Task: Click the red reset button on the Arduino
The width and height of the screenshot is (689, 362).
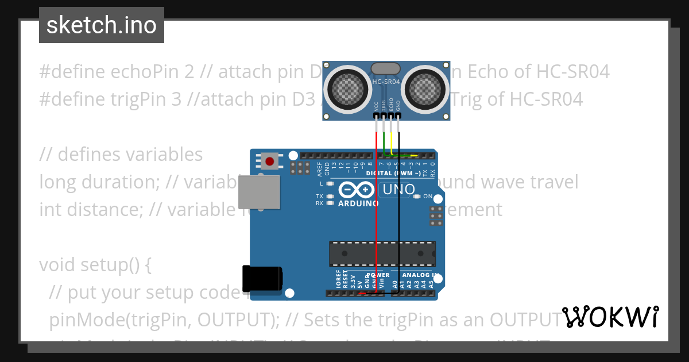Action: [x=269, y=161]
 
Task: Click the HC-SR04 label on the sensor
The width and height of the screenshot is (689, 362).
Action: [x=386, y=82]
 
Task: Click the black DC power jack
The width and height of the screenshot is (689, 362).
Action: [x=262, y=279]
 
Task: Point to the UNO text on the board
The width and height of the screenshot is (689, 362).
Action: [x=398, y=190]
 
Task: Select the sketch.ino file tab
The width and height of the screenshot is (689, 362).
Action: [x=102, y=25]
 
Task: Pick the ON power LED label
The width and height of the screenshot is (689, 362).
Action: [x=427, y=197]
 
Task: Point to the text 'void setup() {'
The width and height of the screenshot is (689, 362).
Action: [x=95, y=265]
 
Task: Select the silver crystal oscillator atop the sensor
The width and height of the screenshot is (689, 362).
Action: [x=386, y=69]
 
